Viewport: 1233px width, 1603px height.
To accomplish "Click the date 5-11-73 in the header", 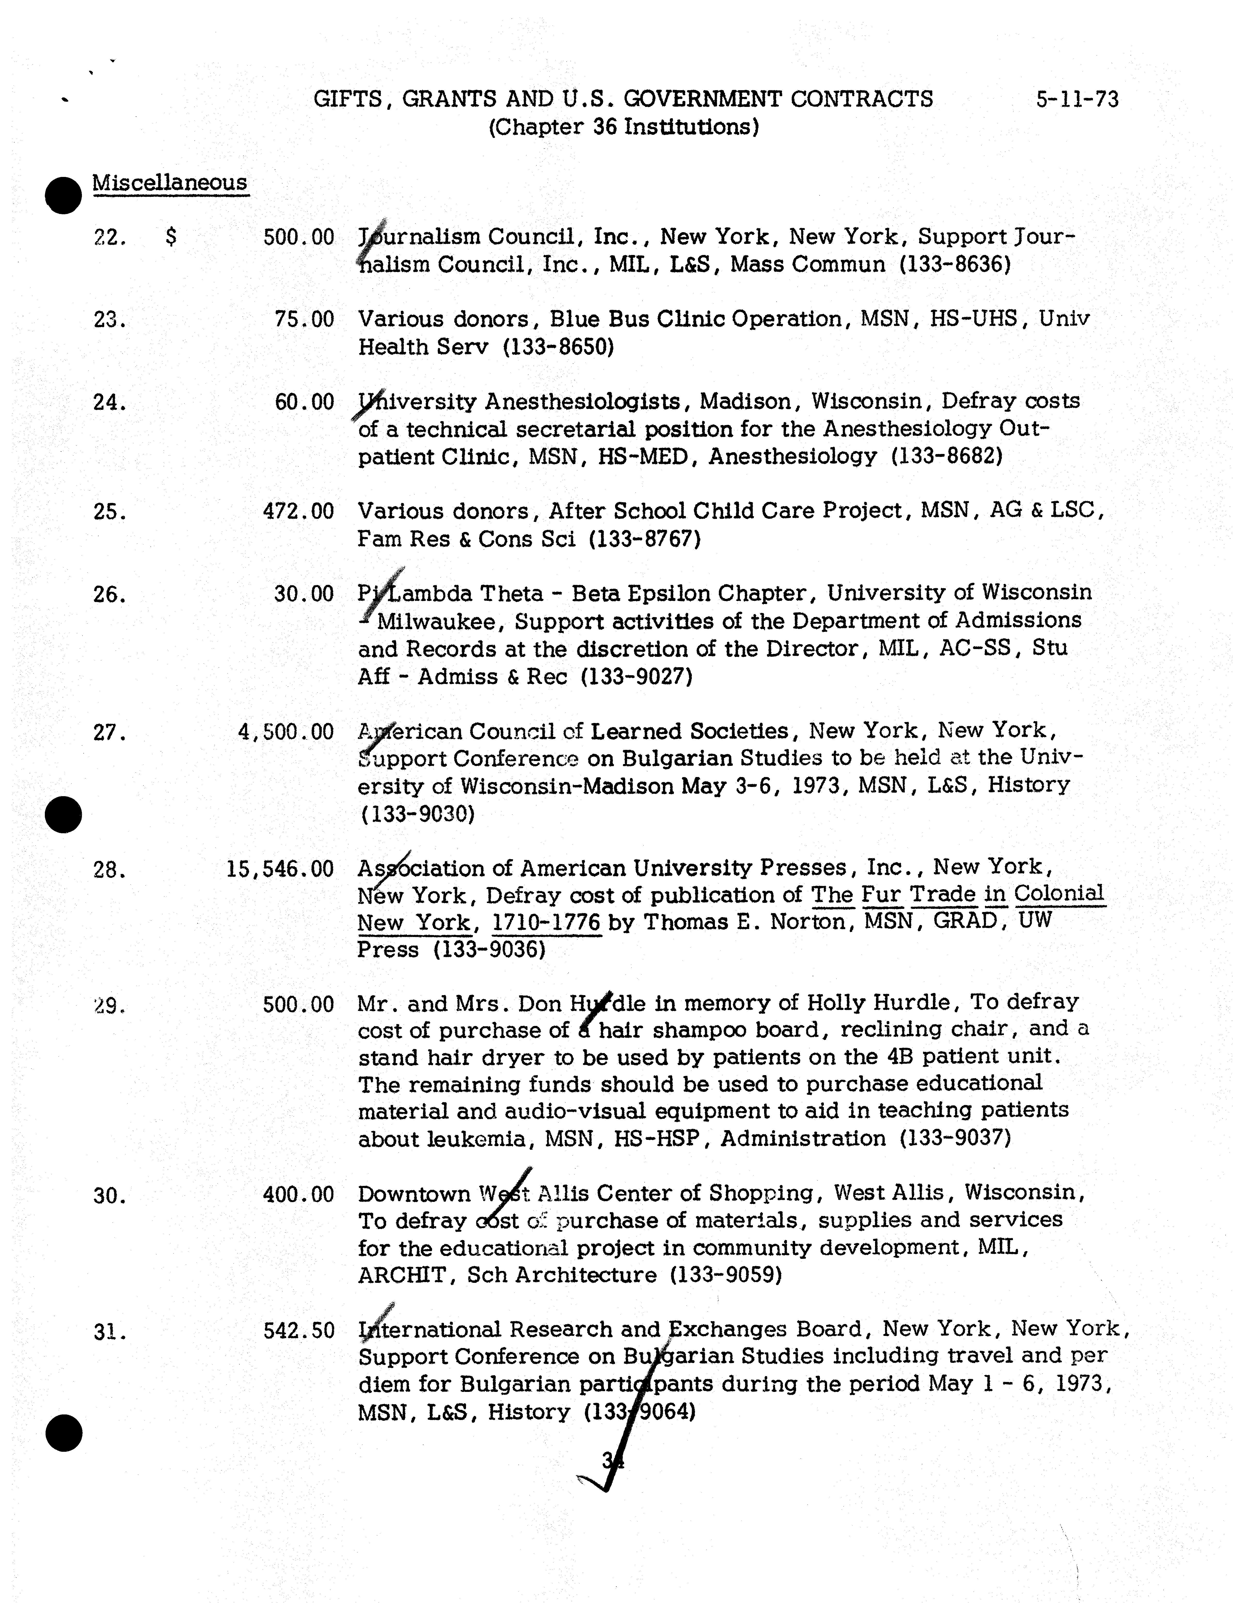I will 1077,98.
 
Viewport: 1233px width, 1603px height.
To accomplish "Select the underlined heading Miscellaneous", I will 170,182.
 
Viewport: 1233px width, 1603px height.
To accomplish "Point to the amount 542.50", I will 299,1330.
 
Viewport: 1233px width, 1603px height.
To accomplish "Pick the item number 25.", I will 109,512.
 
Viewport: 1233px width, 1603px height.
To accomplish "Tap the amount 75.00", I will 304,319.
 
